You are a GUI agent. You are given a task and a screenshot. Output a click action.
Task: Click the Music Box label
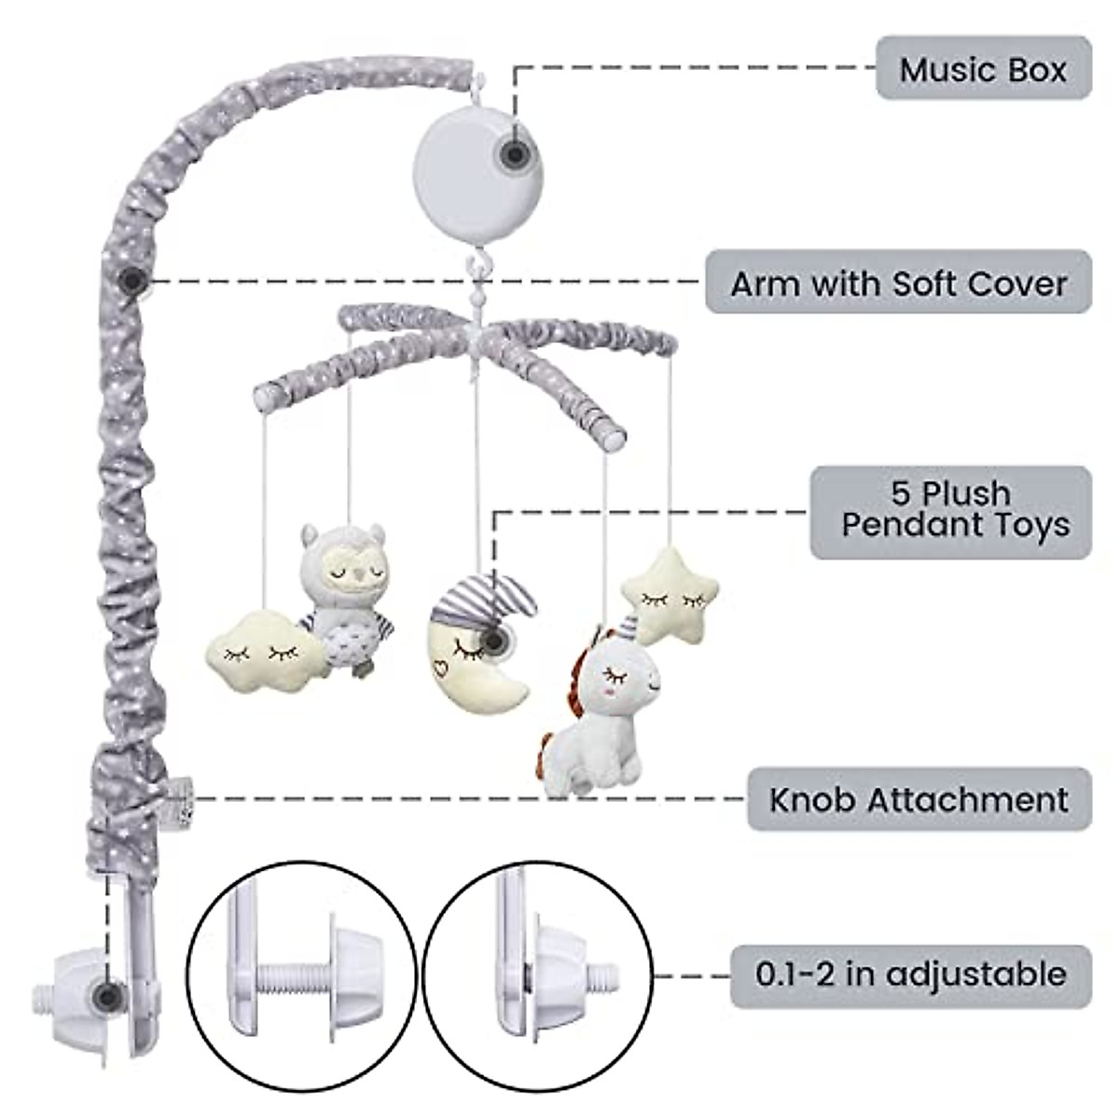pos(983,69)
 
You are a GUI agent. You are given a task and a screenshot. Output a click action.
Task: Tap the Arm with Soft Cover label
pos(898,283)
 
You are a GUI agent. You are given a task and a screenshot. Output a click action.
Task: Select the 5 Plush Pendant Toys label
pos(950,511)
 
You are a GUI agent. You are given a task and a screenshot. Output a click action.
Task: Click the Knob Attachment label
pos(919,799)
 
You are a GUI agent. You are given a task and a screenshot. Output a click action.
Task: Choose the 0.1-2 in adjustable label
pos(910,974)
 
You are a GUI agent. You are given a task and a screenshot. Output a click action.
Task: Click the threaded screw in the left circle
pos(298,979)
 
